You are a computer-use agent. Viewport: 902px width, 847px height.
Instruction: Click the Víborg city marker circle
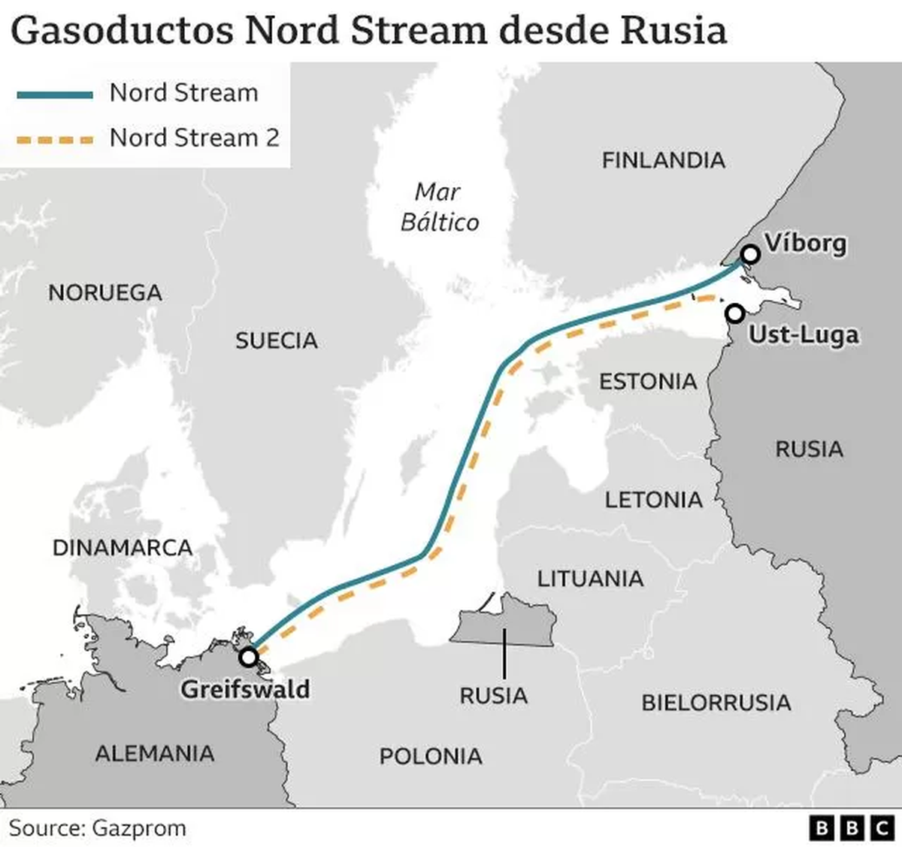(x=749, y=255)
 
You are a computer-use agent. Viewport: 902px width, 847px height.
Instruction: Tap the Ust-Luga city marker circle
(x=734, y=313)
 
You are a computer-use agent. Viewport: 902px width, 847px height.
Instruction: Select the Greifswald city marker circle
(x=248, y=658)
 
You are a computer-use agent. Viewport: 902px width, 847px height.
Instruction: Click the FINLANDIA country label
(x=663, y=160)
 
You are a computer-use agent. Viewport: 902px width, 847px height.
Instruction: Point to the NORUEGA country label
(x=105, y=292)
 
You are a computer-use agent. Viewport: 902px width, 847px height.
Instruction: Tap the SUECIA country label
(x=276, y=340)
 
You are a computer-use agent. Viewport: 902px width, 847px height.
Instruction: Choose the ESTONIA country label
(x=647, y=382)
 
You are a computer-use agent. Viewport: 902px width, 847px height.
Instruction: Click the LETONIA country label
(x=653, y=500)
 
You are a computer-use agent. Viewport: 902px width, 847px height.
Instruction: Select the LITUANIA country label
(x=590, y=579)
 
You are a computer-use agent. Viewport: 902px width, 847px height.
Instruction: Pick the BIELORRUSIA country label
(x=716, y=703)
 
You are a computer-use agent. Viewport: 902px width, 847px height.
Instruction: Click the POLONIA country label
(x=430, y=756)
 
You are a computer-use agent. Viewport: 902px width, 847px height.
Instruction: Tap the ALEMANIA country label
(x=155, y=753)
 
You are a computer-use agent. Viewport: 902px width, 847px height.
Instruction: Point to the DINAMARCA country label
(x=123, y=548)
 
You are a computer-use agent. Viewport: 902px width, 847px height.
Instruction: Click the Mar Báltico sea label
(x=439, y=207)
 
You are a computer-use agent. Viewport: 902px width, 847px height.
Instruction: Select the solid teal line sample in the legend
(x=55, y=95)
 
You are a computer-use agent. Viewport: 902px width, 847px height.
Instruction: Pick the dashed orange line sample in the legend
(x=55, y=140)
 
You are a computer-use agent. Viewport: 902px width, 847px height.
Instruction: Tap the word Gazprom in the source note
(x=139, y=828)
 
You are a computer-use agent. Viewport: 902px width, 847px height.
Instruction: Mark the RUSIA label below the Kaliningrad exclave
(x=493, y=696)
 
